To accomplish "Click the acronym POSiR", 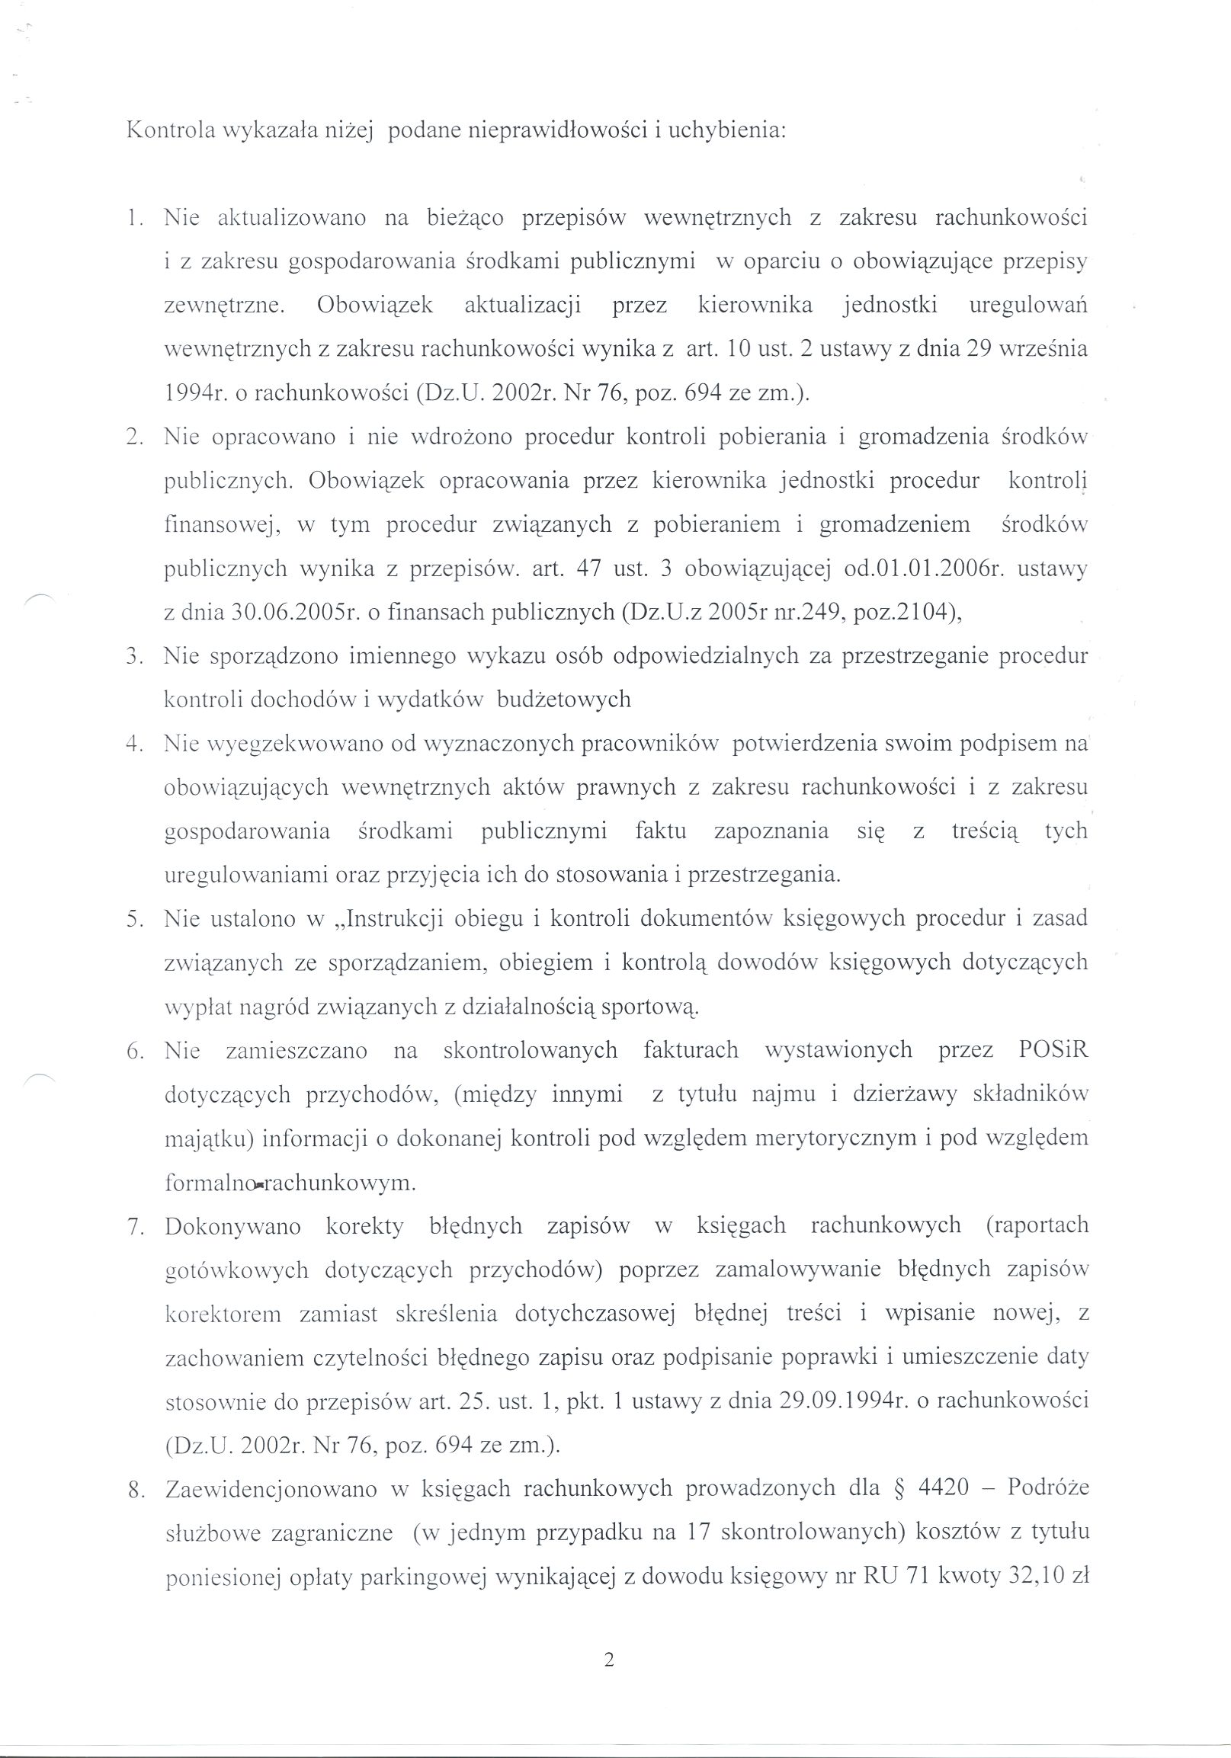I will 1053,1050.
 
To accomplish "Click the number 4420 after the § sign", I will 941,1487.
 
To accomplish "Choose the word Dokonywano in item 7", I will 233,1226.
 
